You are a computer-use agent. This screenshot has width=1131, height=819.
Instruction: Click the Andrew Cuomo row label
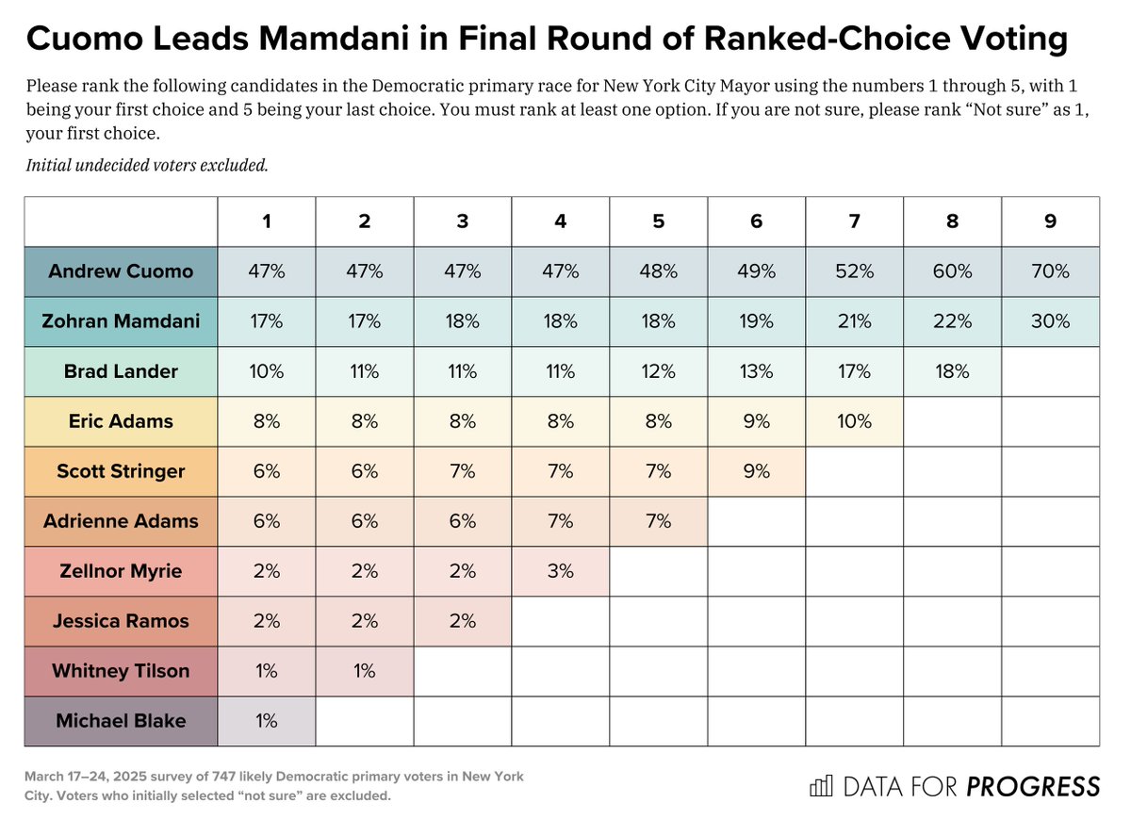[121, 271]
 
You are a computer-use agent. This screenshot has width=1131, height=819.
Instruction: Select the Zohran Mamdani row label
[121, 321]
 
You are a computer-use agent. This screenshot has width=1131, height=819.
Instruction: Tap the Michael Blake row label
[121, 721]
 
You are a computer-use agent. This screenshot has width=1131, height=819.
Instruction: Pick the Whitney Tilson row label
[121, 671]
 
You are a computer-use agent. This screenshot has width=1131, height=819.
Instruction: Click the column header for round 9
[1050, 221]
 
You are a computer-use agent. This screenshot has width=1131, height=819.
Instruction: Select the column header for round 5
[658, 221]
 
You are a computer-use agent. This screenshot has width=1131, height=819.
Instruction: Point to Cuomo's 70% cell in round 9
[1050, 271]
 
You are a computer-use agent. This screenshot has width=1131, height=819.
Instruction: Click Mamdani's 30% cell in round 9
[1050, 321]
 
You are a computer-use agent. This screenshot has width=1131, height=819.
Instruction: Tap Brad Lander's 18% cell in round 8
[952, 371]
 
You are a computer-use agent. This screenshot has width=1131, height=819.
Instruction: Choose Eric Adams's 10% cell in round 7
[854, 421]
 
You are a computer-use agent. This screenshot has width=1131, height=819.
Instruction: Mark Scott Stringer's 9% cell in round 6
[756, 471]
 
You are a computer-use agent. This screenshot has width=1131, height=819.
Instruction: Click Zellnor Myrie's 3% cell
[560, 571]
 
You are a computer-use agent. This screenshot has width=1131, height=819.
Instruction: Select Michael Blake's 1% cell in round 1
[267, 721]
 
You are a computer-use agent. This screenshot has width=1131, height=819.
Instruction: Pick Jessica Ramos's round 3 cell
[462, 621]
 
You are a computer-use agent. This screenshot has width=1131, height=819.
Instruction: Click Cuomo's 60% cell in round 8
[952, 271]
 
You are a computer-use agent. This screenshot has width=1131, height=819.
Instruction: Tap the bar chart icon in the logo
[823, 786]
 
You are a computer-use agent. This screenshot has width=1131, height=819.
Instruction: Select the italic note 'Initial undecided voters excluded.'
[147, 166]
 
